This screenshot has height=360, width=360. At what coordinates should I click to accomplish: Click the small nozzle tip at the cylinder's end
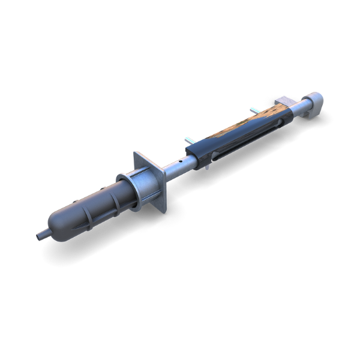40,236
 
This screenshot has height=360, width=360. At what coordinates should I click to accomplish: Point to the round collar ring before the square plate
127,190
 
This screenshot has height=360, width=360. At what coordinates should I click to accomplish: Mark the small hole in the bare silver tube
178,162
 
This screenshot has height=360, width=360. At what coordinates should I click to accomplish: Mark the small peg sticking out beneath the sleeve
206,166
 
